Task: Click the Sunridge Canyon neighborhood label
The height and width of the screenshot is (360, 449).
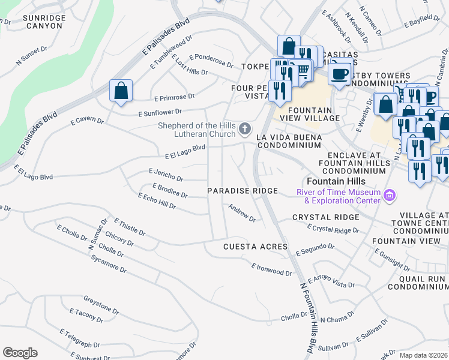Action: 43,22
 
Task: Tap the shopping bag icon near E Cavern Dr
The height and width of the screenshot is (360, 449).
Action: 121,91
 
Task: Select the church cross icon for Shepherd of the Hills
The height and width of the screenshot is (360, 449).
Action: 244,128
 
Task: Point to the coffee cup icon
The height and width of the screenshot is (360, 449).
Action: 339,74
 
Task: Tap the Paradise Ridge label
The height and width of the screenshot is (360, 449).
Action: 243,191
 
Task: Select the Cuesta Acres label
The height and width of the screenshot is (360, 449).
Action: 256,247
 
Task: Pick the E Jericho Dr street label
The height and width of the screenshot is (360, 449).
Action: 166,175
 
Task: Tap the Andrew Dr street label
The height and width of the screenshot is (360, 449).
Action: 242,213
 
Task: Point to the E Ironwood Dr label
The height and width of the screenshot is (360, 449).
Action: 271,269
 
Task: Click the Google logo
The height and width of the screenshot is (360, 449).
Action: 20,352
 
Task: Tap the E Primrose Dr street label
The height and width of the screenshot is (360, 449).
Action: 174,97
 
